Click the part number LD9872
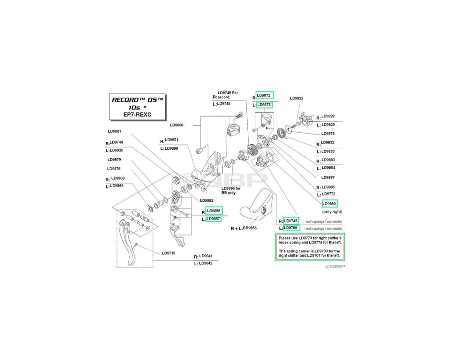264,95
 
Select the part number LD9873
264,104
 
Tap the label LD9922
296,99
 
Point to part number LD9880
329,204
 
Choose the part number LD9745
291,221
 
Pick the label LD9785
291,228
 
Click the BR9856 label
250,228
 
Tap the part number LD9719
169,253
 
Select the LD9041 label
206,256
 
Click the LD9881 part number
114,131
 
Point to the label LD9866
177,125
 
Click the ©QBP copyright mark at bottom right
335,266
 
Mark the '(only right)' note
332,212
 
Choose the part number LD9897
328,178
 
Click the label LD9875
328,134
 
